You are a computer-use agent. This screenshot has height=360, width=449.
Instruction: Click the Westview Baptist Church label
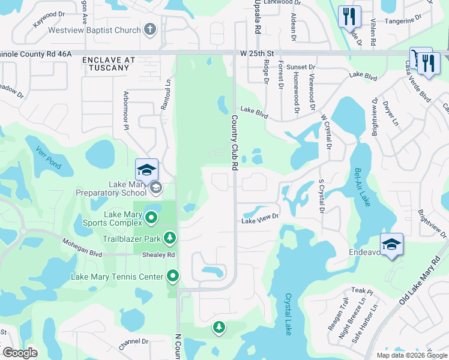click(100, 28)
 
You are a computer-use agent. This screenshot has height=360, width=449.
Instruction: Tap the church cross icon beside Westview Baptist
click(150, 28)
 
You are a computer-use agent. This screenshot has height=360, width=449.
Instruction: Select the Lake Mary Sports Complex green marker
click(151, 218)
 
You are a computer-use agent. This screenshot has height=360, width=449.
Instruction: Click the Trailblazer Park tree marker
click(170, 238)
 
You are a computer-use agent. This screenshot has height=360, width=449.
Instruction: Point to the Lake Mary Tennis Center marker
click(173, 277)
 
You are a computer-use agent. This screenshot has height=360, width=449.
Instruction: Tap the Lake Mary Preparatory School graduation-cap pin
click(146, 170)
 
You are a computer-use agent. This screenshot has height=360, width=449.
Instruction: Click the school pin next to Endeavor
click(391, 245)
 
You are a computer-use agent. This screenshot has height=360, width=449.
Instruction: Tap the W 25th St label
click(256, 53)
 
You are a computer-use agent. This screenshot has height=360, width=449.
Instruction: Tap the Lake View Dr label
click(261, 220)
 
